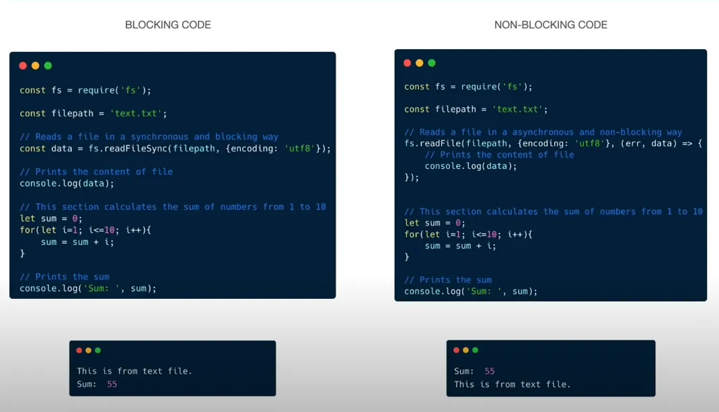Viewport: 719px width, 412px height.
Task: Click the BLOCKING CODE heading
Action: point(168,25)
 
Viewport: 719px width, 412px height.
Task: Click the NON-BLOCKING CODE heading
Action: point(551,25)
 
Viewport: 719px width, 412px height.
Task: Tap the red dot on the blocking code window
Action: point(23,65)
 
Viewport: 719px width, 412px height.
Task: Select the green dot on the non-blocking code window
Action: point(432,63)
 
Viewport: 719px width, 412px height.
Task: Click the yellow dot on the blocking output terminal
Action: point(89,351)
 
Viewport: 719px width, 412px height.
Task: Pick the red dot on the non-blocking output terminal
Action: point(456,350)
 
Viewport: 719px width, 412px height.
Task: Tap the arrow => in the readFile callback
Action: point(687,143)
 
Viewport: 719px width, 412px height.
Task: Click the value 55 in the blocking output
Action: point(112,384)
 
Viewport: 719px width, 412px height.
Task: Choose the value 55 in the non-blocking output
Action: point(490,371)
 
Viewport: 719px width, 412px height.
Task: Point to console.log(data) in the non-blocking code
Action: point(470,166)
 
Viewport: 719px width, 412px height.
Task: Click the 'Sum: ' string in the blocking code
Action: point(102,289)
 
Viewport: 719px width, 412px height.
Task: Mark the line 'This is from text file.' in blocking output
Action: point(135,371)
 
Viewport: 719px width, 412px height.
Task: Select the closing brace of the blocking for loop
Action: point(22,253)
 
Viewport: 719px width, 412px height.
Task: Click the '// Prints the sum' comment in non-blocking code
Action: point(448,280)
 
